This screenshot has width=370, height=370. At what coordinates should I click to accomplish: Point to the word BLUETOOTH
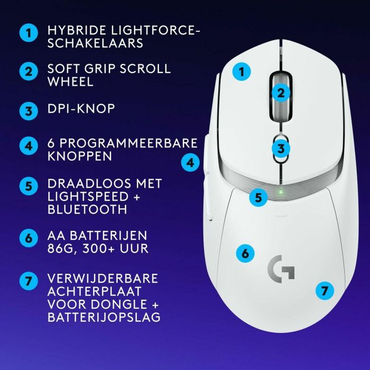87,209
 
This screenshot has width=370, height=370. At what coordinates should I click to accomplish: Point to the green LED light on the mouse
282,191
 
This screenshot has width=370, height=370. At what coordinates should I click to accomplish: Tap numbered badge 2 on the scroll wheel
281,93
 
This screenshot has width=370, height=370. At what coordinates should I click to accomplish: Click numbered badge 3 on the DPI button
282,149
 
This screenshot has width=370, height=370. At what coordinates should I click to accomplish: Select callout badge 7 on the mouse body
325,290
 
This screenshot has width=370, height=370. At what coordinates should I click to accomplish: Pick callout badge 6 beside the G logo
244,253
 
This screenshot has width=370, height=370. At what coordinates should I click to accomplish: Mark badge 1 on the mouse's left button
242,72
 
